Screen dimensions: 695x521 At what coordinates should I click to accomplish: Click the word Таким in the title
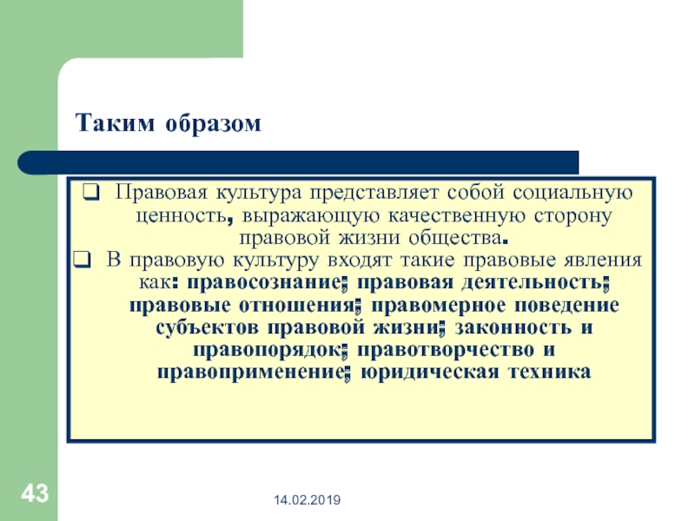coord(116,122)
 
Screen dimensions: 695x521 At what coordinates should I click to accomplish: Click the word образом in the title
coord(213,122)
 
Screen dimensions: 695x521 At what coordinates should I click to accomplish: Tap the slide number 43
coord(35,493)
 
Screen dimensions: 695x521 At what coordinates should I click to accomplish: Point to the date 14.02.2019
coord(308,500)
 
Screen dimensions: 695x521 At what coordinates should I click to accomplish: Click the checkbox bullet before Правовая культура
coord(91,193)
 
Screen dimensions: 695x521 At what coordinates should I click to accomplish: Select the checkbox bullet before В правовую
coord(82,260)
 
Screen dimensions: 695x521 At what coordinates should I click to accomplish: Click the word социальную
coord(573,193)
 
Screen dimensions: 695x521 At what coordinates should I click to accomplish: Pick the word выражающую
coord(311,216)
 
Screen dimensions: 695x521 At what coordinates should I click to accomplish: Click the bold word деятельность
coord(533,283)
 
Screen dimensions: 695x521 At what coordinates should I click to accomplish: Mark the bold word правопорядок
coord(268,350)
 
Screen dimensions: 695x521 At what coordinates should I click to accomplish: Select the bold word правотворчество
coord(446,350)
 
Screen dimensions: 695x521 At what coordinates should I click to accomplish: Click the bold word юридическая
coord(430,373)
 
